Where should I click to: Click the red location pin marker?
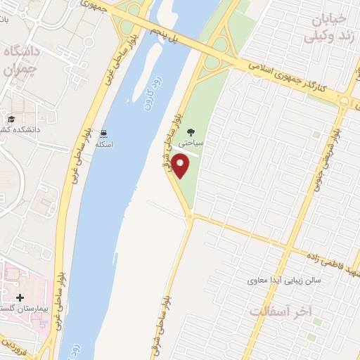tap(181, 166)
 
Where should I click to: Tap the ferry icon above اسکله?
tap(104, 134)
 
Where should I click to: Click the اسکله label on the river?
tap(104, 144)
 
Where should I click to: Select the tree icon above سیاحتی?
tap(191, 131)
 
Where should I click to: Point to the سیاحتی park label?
tap(191, 142)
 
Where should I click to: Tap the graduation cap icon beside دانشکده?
tap(11, 120)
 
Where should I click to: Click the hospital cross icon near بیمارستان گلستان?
tap(20, 299)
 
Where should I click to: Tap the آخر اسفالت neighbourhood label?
tap(281, 310)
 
